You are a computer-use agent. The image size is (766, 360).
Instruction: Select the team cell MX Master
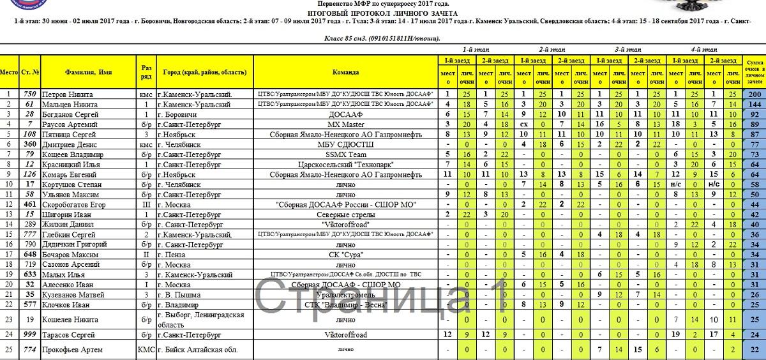tap(345, 124)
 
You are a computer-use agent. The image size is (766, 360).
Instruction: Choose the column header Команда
tap(345, 72)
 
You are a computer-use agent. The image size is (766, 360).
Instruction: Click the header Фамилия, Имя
tap(88, 72)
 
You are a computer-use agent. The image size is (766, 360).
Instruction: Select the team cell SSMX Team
tap(345, 154)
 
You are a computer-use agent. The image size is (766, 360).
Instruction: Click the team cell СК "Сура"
tap(345, 253)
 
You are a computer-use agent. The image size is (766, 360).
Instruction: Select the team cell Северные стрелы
tap(345, 214)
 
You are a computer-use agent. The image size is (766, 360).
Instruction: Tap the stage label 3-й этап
tap(628, 49)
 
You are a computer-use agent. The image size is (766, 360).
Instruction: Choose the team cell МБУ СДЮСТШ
tap(345, 144)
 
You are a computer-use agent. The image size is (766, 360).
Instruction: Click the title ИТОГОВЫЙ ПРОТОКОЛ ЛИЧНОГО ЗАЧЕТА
tap(382, 13)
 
